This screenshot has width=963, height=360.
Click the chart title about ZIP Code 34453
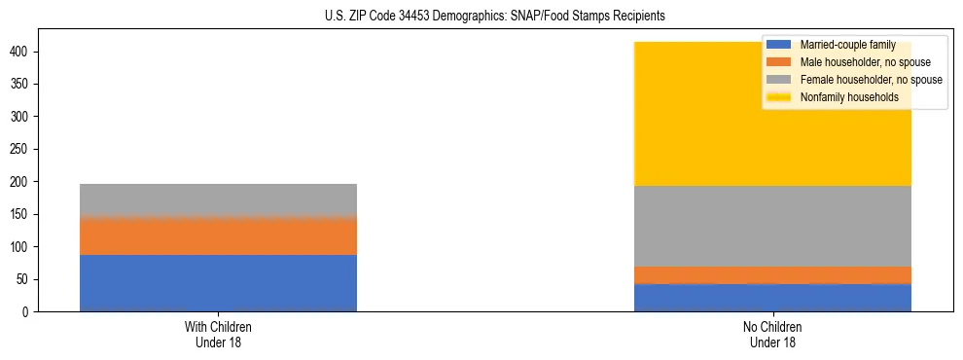(x=495, y=17)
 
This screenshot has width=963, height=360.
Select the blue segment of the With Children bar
(x=218, y=283)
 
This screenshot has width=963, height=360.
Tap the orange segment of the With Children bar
(x=218, y=235)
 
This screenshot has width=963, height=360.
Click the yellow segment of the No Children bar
(x=700, y=117)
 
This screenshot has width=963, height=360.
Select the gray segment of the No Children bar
(x=772, y=226)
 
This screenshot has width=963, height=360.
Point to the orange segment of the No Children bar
(x=772, y=275)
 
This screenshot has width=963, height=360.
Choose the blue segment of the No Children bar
(x=772, y=298)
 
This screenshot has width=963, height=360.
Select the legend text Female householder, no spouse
(x=870, y=80)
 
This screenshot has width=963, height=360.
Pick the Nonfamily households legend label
(x=848, y=97)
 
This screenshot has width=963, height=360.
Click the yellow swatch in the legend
(x=779, y=97)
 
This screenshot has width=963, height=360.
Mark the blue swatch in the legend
(x=779, y=45)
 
